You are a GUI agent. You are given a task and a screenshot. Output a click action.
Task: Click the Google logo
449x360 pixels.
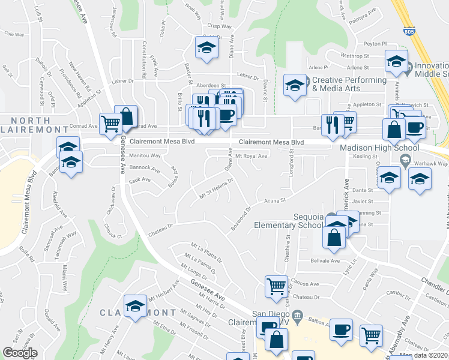20,353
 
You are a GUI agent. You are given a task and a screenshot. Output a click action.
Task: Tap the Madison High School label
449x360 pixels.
379,148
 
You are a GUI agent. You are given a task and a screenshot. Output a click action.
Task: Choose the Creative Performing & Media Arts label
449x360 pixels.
349,84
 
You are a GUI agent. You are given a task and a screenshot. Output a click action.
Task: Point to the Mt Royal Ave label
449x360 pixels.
251,156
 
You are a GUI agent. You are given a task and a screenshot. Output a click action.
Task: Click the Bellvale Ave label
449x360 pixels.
325,261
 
